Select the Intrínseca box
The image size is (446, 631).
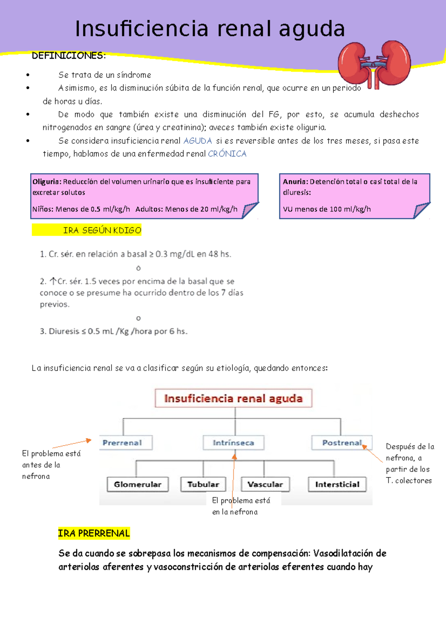tap(233, 443)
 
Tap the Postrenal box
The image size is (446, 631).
tap(342, 443)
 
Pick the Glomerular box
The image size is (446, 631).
tap(138, 484)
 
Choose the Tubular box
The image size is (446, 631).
tap(203, 484)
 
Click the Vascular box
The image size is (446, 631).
tap(265, 484)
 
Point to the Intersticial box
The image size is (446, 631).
tap(337, 484)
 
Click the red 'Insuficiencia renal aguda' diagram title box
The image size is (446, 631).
tap(233, 398)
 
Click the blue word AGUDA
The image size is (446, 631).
tap(198, 141)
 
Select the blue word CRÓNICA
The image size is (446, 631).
tap(227, 154)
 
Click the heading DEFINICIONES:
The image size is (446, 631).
tap(69, 56)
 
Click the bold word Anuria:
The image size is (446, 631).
tap(295, 182)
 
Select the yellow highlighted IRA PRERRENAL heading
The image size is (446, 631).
tap(94, 533)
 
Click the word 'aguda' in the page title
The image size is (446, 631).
tap(312, 29)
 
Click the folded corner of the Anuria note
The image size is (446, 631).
tap(421, 210)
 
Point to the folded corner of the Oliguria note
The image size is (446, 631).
tap(250, 210)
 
